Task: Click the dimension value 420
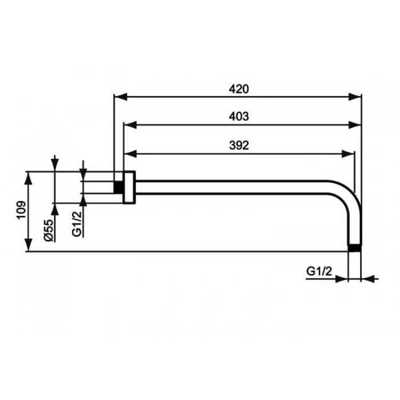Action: click(x=239, y=89)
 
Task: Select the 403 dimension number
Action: click(x=239, y=116)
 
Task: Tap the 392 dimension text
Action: click(x=239, y=145)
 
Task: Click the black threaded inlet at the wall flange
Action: click(x=118, y=187)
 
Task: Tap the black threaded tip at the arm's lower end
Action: click(x=355, y=249)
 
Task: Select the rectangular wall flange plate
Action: click(x=129, y=187)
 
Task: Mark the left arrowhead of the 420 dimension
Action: click(x=118, y=97)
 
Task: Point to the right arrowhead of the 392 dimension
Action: click(x=350, y=153)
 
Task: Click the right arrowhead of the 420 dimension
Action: click(x=358, y=97)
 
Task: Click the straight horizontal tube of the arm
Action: click(x=240, y=187)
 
